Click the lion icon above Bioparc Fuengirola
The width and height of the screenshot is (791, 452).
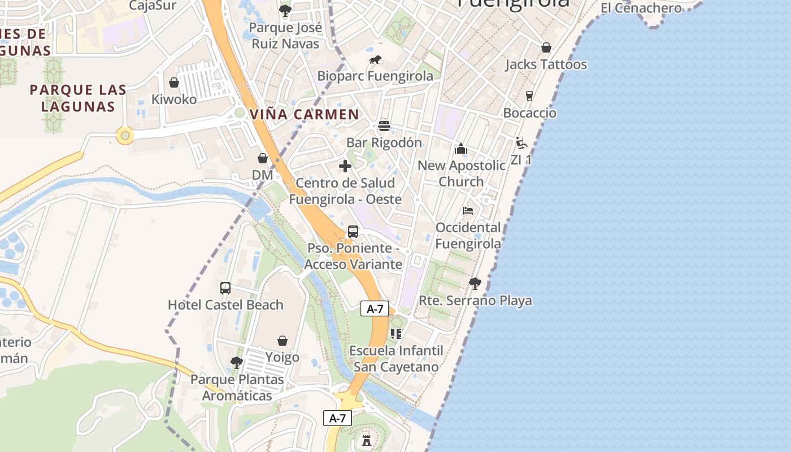(x=375, y=60)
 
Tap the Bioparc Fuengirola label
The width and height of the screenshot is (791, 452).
(x=375, y=76)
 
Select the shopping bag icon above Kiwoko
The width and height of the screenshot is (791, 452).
(x=174, y=82)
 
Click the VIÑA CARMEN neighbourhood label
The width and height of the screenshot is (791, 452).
(x=304, y=114)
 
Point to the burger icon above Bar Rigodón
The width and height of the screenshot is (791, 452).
(x=384, y=125)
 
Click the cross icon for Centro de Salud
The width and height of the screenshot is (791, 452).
(x=345, y=166)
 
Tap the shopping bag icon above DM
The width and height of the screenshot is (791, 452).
(x=263, y=158)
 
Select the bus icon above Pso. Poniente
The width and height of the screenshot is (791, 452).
(x=353, y=231)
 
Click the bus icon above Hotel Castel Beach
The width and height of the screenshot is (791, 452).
(x=225, y=288)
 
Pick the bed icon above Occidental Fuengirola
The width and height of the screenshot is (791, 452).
(x=468, y=211)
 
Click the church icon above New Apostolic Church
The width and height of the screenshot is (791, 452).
(x=461, y=149)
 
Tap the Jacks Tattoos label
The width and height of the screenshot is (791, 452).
(x=546, y=64)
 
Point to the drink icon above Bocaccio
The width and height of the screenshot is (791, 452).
(x=529, y=96)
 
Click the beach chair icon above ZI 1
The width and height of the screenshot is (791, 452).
(x=521, y=143)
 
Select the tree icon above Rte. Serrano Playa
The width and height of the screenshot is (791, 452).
(x=475, y=283)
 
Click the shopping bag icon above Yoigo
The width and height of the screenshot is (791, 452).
(x=282, y=341)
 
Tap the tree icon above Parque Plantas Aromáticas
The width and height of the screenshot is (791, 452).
(x=236, y=362)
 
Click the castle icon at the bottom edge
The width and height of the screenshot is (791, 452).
(x=367, y=440)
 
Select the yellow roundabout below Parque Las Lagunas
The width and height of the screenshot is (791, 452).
(x=125, y=136)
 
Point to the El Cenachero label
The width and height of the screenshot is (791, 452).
(x=633, y=8)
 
